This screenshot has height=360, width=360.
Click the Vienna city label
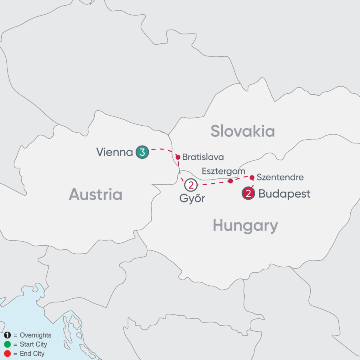[x=114, y=152]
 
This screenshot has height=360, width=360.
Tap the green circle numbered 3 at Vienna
[x=142, y=152]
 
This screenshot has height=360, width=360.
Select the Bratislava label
[x=203, y=157]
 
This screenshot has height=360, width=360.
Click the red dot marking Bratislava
[x=178, y=157]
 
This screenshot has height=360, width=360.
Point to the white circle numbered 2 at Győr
[x=191, y=185]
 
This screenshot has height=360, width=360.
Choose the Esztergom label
[x=223, y=171]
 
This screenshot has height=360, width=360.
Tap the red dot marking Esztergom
[x=230, y=181]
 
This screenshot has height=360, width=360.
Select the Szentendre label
[x=280, y=176]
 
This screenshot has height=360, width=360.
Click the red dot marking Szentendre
[x=252, y=177]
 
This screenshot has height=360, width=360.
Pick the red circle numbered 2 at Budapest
[x=248, y=194]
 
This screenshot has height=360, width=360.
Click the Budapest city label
[x=284, y=194]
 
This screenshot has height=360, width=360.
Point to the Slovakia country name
[x=243, y=131]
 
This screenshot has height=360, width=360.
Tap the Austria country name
[x=96, y=194]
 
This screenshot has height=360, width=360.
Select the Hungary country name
[x=245, y=226]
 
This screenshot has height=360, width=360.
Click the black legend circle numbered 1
[x=7, y=335]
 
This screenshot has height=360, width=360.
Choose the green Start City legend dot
[x=7, y=344]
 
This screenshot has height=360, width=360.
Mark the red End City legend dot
[x=7, y=354]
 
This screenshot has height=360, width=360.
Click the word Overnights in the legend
[x=36, y=335]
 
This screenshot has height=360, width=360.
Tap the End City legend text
[x=31, y=354]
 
